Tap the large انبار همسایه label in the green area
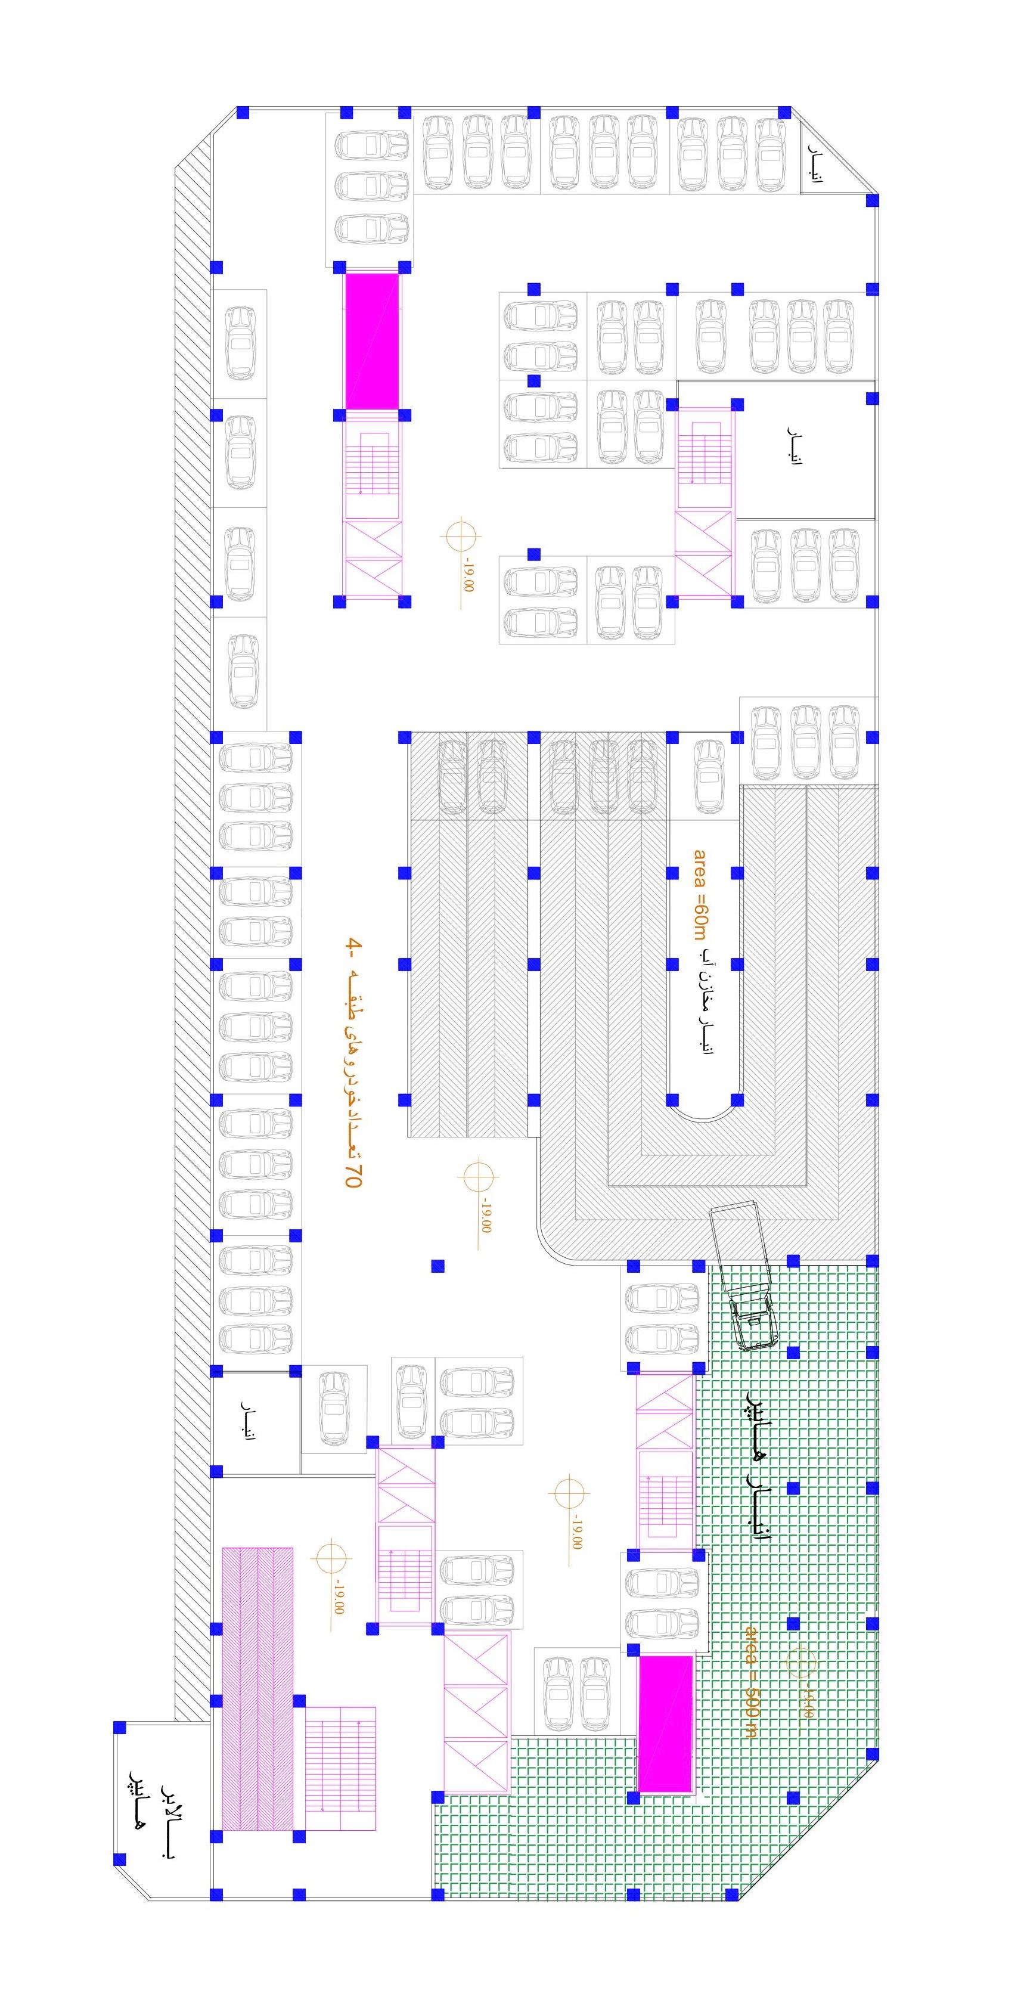(758, 1465)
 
